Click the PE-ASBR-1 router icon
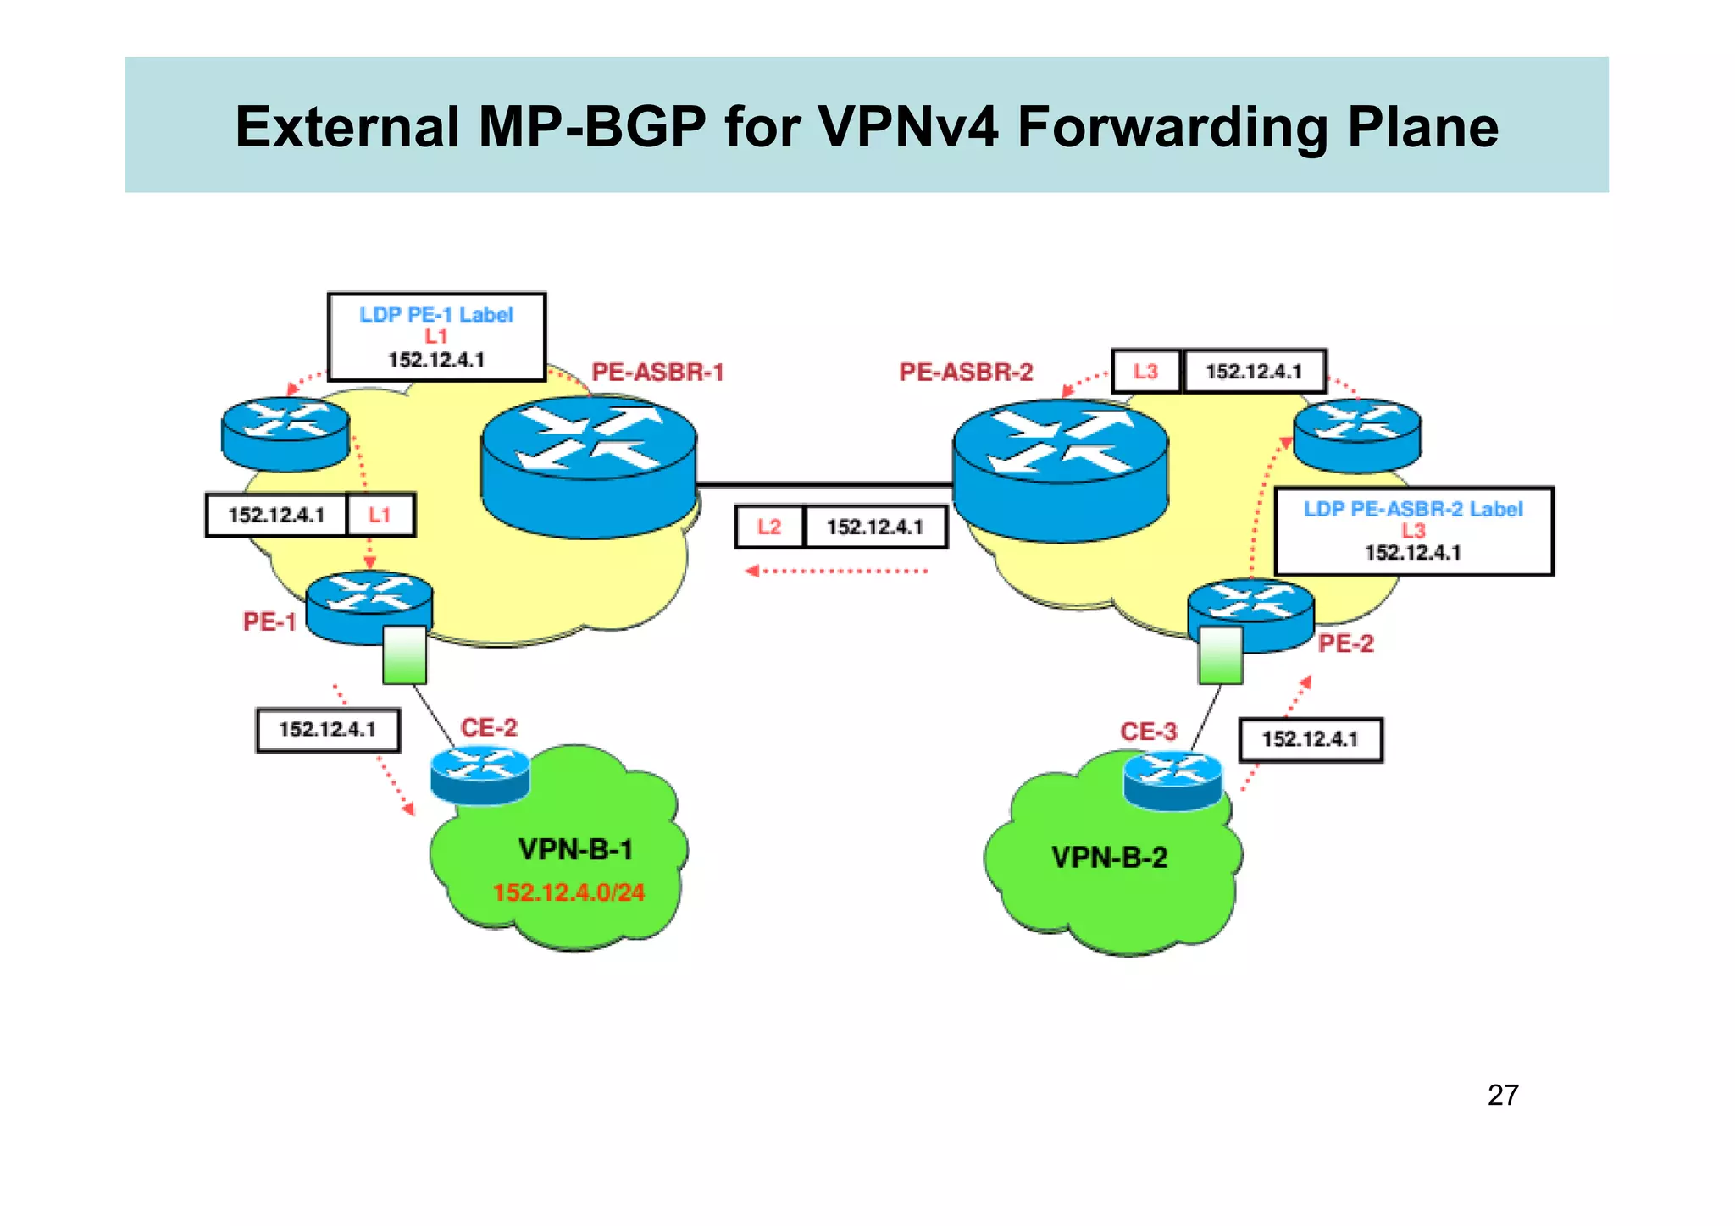tap(589, 466)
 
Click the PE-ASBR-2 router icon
tap(1060, 470)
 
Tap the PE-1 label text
tap(269, 622)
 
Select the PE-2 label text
tap(1345, 644)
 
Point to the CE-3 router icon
tap(1173, 780)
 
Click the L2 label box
tap(769, 527)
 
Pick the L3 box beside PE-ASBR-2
tap(1145, 372)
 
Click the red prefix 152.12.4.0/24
tap(568, 892)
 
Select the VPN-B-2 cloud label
tap(1109, 858)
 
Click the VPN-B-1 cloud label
tap(575, 849)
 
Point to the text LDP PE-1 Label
tap(436, 315)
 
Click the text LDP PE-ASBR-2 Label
tap(1412, 509)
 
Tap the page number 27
tap(1502, 1096)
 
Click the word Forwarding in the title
tap(1172, 128)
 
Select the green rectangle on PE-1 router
tap(404, 654)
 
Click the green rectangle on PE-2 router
tap(1221, 654)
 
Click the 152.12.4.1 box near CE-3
tap(1310, 740)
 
